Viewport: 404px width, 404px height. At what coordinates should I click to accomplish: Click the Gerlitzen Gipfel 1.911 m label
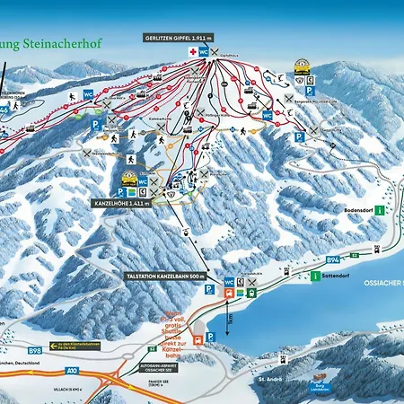point(179,39)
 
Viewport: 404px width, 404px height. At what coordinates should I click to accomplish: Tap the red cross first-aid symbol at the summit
point(190,52)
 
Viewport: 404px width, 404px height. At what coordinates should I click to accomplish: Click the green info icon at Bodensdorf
point(380,210)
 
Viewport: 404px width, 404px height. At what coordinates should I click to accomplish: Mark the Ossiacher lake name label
point(385,285)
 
